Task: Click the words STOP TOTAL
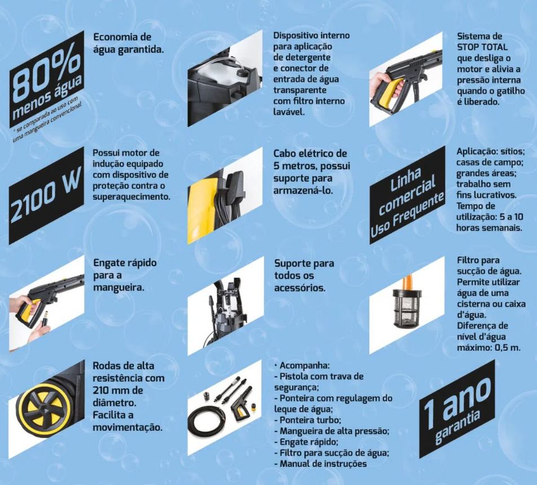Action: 482,47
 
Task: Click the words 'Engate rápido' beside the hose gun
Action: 125,263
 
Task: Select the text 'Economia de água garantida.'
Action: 128,43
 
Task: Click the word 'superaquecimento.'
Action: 131,197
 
